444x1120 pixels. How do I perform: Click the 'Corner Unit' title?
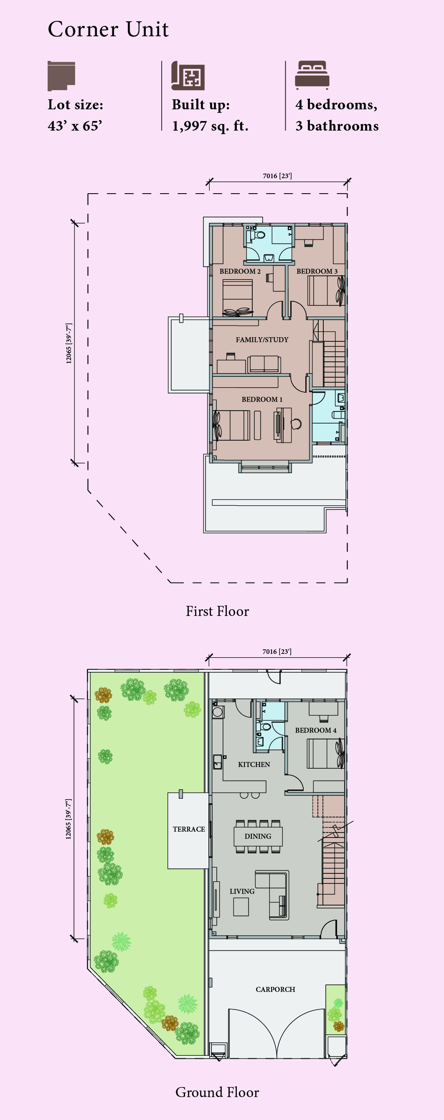108,30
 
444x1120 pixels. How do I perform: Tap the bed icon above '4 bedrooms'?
312,75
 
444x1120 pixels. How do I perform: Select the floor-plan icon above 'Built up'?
188,76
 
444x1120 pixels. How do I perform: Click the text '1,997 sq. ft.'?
210,126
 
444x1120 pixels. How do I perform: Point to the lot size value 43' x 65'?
75,126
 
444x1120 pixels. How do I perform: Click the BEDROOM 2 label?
240,271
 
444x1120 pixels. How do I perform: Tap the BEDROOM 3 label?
317,271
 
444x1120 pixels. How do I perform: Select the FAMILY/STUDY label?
262,340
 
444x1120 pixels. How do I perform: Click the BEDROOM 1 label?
262,399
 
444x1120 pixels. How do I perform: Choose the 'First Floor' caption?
217,611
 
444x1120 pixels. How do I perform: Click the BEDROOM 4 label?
316,730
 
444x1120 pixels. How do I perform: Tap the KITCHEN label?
254,764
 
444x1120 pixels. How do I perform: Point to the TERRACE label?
188,829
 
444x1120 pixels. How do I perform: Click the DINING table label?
258,836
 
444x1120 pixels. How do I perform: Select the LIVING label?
242,891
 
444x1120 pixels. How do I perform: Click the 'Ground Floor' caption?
217,1092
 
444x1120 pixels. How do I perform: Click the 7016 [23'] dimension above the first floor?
277,176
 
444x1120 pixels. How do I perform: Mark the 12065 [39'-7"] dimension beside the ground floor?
69,819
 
